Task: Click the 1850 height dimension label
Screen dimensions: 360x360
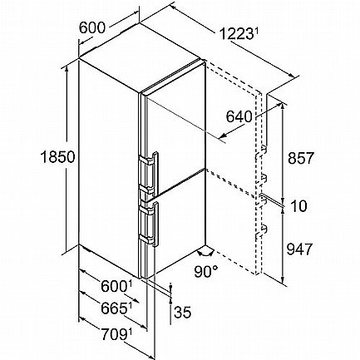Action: click(58, 157)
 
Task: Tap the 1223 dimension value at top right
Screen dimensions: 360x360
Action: click(236, 34)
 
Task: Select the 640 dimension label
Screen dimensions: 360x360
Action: click(239, 116)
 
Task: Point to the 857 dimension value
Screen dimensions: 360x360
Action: click(301, 158)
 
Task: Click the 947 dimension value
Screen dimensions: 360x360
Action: click(299, 249)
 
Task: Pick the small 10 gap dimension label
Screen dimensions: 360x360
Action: click(298, 206)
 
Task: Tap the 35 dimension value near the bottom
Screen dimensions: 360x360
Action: click(183, 312)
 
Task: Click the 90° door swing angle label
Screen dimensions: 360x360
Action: click(206, 272)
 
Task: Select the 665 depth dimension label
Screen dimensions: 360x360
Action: click(114, 308)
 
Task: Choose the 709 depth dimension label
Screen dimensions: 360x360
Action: click(113, 334)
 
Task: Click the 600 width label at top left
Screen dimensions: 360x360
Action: click(92, 27)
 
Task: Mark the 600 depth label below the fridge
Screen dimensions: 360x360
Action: click(114, 286)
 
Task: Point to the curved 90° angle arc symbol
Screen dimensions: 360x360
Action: click(205, 253)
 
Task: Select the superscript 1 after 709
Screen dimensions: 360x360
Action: click(130, 332)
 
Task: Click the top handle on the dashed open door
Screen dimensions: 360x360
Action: click(261, 152)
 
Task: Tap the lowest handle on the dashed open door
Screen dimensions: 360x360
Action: click(261, 232)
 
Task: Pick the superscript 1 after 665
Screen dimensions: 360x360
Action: click(130, 306)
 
